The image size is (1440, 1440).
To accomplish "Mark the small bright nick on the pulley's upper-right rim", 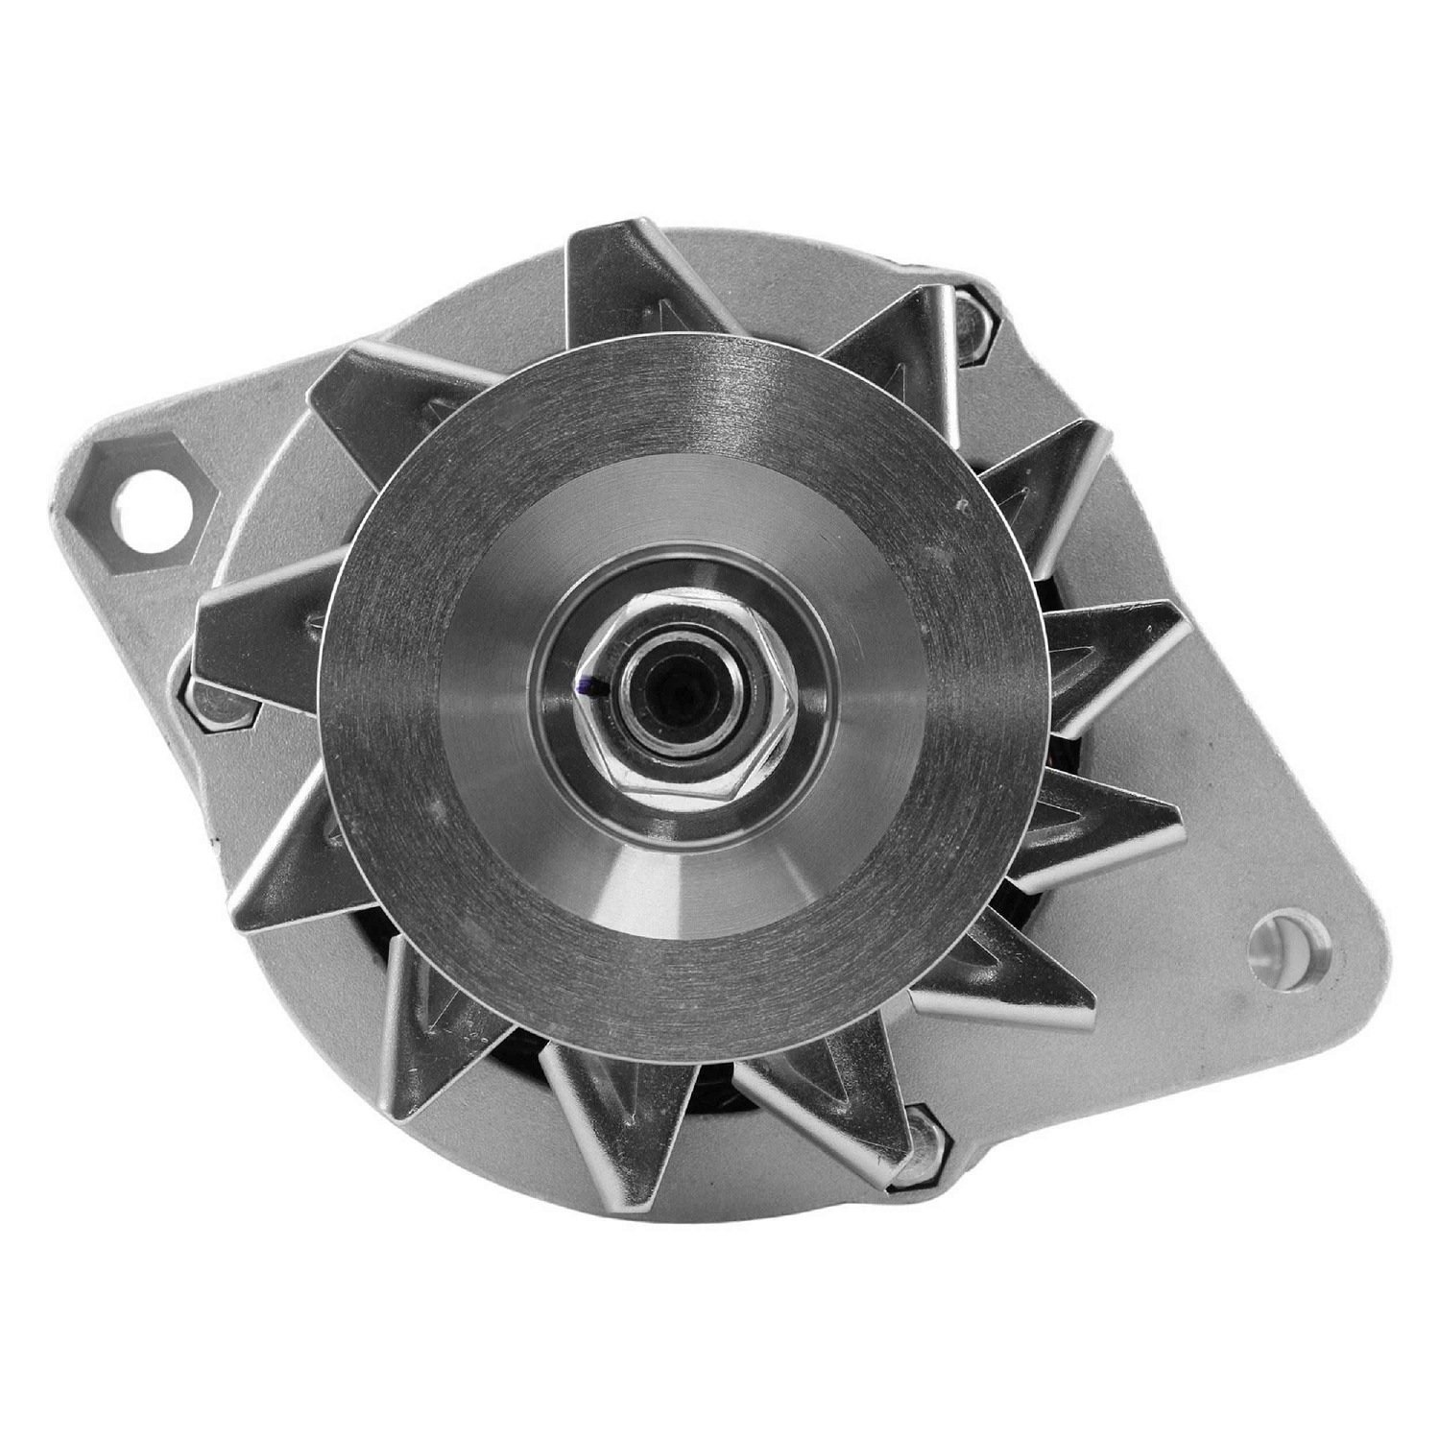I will (x=958, y=501).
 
